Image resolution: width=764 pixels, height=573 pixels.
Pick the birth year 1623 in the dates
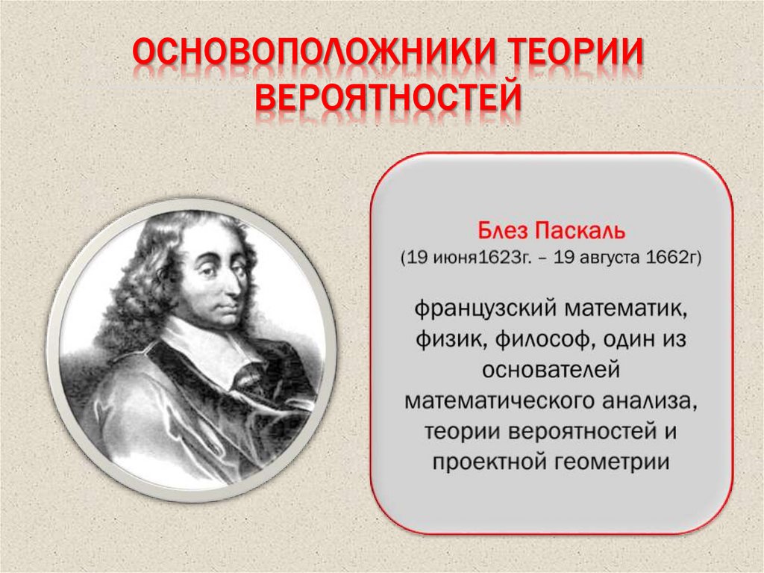pyautogui.click(x=496, y=257)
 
